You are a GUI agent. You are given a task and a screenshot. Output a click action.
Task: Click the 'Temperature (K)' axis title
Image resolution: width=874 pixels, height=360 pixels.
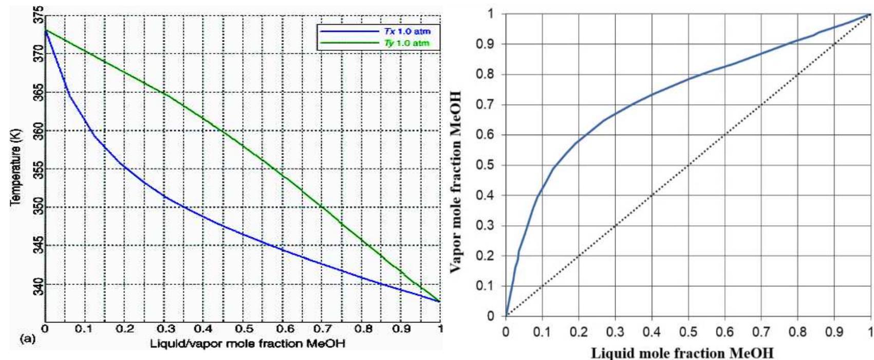coord(15,169)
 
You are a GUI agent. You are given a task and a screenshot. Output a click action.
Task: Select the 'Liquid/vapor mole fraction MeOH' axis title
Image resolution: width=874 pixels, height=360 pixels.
coord(247,343)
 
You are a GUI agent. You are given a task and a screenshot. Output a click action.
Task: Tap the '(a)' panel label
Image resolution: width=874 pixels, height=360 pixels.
coord(26,338)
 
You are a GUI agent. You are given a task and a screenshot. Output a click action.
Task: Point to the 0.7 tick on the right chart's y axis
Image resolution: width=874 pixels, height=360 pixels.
coord(486,105)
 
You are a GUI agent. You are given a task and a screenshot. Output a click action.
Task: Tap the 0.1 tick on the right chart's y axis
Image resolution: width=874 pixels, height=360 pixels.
coord(486,286)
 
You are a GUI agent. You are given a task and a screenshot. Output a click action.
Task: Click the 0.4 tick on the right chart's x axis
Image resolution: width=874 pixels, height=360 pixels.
coord(652,332)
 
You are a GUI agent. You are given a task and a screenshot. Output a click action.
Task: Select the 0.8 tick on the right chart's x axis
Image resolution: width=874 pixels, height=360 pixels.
coord(797,332)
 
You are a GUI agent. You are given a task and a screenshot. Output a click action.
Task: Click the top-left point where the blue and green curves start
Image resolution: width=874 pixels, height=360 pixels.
coord(46,30)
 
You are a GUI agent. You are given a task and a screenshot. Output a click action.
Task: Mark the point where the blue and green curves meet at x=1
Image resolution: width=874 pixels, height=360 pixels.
coord(440,301)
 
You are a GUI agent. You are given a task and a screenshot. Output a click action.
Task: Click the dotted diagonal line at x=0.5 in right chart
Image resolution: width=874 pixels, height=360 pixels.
coord(689,165)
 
